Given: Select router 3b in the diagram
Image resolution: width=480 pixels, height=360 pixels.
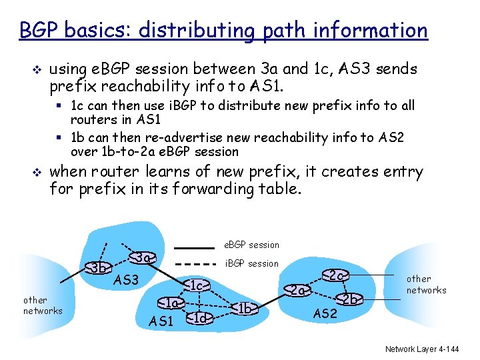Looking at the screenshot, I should (x=99, y=268).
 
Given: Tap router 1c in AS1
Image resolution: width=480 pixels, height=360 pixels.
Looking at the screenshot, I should (x=194, y=286).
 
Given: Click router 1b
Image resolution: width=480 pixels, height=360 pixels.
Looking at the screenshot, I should (x=245, y=308).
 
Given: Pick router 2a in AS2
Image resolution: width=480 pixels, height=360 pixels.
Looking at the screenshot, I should (x=297, y=291).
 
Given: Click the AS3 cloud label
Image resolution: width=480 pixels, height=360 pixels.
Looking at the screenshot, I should (x=126, y=280).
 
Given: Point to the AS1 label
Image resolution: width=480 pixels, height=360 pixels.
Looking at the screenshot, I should (x=161, y=321).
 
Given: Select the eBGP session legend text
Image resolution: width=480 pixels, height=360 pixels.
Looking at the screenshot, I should (x=253, y=245).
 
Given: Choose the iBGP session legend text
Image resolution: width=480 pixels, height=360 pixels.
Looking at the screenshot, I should (x=253, y=263).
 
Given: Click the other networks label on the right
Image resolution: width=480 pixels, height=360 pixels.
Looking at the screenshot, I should (x=426, y=284).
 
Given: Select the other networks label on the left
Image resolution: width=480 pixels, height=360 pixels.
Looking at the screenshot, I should (x=43, y=305).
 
